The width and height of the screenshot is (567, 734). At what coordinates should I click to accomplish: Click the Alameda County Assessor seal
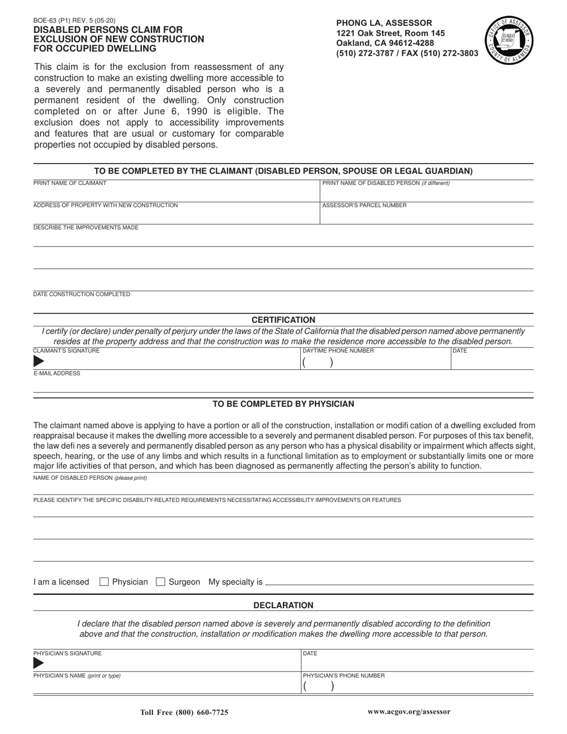pyautogui.click(x=509, y=41)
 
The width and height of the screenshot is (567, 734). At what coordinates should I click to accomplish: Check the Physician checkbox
pyautogui.click(x=104, y=582)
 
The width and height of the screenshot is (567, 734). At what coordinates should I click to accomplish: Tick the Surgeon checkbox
pyautogui.click(x=160, y=582)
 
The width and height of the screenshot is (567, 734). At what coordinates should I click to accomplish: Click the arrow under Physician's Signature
pyautogui.click(x=39, y=663)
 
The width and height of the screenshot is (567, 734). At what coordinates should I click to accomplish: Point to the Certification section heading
pyautogui.click(x=283, y=320)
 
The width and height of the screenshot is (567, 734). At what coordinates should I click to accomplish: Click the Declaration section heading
pyautogui.click(x=283, y=605)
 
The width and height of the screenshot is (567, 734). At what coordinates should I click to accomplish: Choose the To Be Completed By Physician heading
pyautogui.click(x=283, y=404)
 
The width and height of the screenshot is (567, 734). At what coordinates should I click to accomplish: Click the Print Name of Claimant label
pyautogui.click(x=70, y=183)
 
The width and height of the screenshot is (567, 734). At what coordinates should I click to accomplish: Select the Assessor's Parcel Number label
pyautogui.click(x=364, y=205)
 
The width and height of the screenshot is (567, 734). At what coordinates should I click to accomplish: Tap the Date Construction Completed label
pyautogui.click(x=81, y=294)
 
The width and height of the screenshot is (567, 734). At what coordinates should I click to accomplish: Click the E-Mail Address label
pyautogui.click(x=57, y=374)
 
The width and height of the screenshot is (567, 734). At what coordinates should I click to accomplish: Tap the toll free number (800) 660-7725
pyautogui.click(x=184, y=713)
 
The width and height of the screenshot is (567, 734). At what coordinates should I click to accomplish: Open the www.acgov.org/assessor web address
pyautogui.click(x=409, y=712)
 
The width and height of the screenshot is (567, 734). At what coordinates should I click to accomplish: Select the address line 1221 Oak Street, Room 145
pyautogui.click(x=390, y=33)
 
